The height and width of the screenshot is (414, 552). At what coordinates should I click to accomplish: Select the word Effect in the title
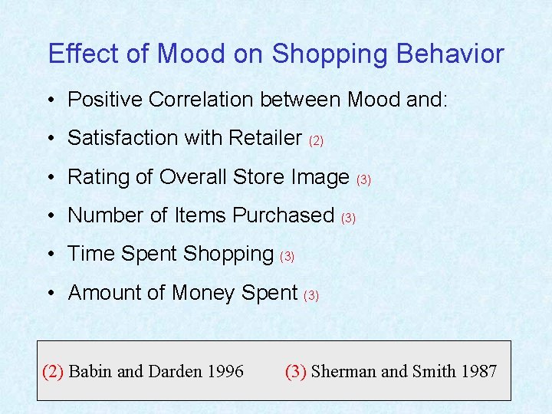pyautogui.click(x=74, y=54)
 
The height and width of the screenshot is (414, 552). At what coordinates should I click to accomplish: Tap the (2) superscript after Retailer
pyautogui.click(x=316, y=141)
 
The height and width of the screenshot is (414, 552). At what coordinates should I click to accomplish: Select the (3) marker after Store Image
pyautogui.click(x=364, y=180)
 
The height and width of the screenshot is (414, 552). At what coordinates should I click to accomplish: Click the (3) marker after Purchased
pyautogui.click(x=348, y=219)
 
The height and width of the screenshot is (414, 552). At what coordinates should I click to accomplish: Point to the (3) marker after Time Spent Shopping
pyautogui.click(x=287, y=257)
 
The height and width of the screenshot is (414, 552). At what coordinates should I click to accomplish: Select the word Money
pyautogui.click(x=205, y=293)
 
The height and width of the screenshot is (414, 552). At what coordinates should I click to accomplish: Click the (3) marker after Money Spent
pyautogui.click(x=311, y=295)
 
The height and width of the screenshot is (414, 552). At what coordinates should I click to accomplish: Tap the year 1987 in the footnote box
pyautogui.click(x=479, y=372)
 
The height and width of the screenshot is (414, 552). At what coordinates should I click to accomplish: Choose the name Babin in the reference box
pyautogui.click(x=90, y=372)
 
